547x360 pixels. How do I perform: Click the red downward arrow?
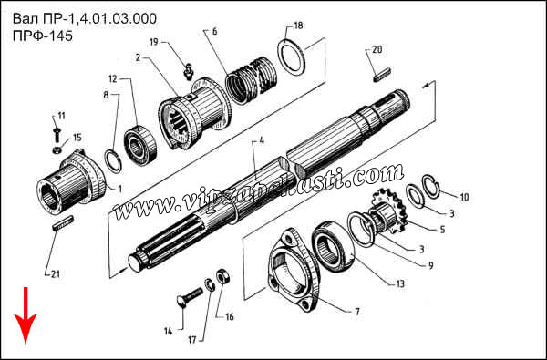[26, 315]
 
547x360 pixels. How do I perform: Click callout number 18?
[298, 26]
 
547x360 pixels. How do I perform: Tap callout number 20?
[377, 49]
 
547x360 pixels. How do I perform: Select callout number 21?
[55, 274]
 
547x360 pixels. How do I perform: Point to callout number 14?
[168, 331]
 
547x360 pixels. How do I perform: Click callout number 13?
[400, 284]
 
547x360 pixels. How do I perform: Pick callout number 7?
[357, 312]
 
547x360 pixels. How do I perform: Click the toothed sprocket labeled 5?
[387, 211]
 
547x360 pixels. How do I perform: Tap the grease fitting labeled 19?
[189, 71]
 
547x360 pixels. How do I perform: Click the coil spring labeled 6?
[252, 80]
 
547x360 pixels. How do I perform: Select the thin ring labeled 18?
[292, 57]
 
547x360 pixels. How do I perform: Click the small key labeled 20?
[382, 76]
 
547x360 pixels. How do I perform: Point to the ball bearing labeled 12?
[140, 145]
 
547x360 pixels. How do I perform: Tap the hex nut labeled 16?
[222, 277]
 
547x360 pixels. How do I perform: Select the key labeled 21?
[63, 222]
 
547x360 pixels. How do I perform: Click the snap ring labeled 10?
[430, 186]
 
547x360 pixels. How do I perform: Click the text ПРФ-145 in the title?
[43, 36]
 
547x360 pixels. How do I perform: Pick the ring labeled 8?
[113, 160]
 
